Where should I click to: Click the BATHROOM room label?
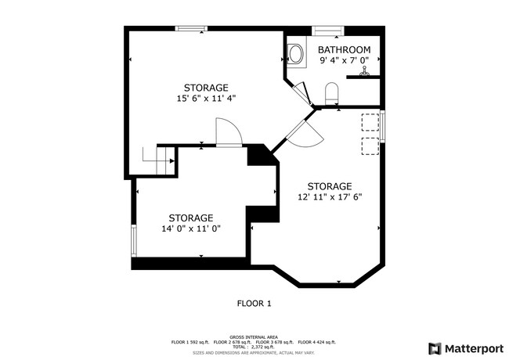point(345,50)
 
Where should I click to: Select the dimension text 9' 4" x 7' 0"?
point(345,61)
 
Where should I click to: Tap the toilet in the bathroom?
point(330,93)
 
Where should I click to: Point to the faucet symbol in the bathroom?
point(363,73)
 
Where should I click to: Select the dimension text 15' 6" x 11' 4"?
point(206,99)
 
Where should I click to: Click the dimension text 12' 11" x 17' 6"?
point(329,197)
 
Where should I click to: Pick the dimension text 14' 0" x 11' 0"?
point(191,229)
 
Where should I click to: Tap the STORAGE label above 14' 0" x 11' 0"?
point(191,218)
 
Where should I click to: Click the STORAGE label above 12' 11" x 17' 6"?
point(329,186)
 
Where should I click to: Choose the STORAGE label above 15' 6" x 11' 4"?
point(206,88)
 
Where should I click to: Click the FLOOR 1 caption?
point(254,303)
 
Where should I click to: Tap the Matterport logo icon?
point(434,347)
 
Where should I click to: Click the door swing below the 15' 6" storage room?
point(228,132)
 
